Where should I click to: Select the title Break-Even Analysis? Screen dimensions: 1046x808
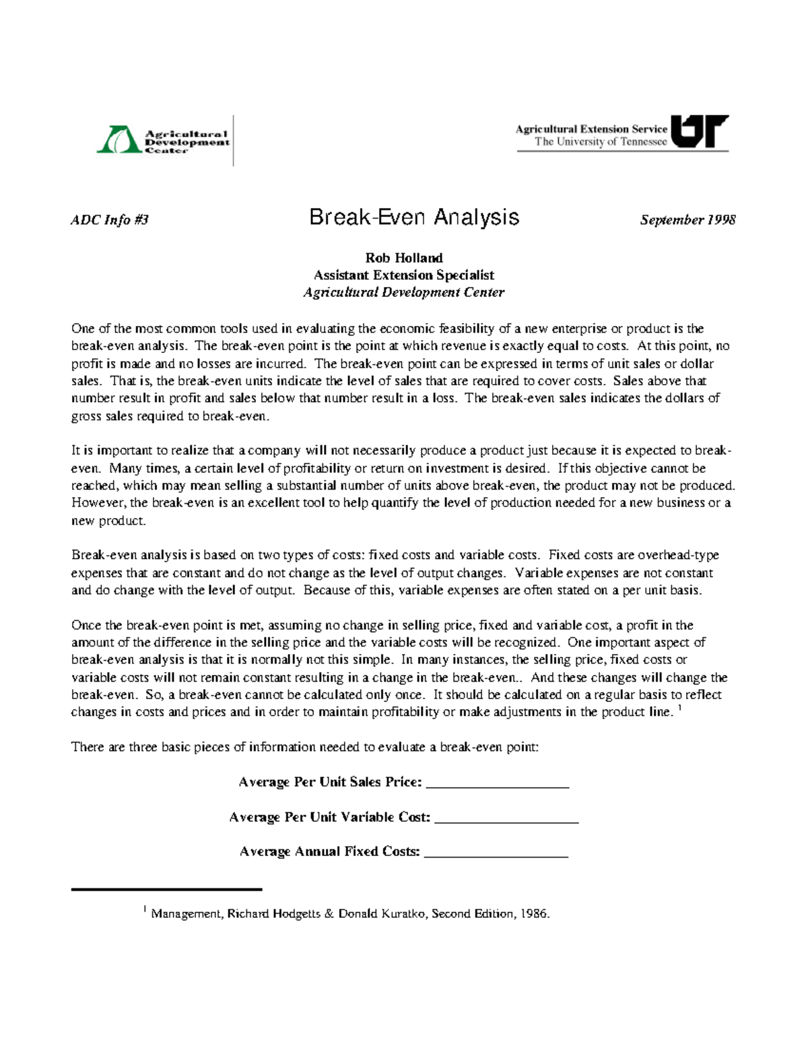point(414,218)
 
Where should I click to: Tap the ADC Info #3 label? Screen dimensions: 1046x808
point(109,220)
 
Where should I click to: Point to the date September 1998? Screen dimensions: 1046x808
point(687,220)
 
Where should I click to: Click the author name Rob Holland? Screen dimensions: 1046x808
point(404,258)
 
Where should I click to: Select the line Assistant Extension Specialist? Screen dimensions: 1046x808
point(404,275)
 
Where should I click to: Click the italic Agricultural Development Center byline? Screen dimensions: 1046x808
point(404,292)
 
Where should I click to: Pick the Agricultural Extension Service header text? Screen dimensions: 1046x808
point(591,129)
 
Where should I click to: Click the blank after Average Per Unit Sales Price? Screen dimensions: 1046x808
point(498,784)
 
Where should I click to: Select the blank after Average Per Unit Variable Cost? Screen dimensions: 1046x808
point(507,819)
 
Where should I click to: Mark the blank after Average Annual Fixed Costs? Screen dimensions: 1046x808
point(497,853)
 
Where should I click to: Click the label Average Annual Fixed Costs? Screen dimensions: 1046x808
point(330,852)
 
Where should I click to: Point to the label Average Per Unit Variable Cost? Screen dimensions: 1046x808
point(330,818)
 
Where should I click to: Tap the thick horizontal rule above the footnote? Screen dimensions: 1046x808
point(166,890)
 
